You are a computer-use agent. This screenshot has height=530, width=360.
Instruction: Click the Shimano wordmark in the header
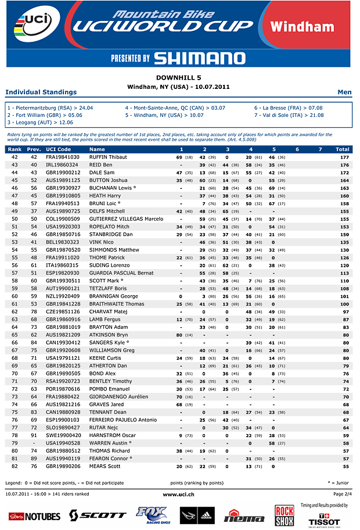click(x=199, y=58)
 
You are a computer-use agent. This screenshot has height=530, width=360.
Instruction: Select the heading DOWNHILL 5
click(x=179, y=77)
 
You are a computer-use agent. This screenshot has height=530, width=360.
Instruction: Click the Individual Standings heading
click(x=41, y=92)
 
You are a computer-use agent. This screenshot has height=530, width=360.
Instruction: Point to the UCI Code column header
click(x=57, y=149)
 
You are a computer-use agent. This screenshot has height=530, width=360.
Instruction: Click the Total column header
click(x=342, y=149)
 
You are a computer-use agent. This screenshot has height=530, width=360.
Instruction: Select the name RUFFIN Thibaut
click(x=108, y=157)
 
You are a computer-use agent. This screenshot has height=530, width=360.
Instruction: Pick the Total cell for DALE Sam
click(x=344, y=173)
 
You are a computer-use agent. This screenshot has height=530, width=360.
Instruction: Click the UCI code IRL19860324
click(x=63, y=165)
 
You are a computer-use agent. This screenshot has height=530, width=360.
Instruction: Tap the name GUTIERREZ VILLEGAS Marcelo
click(x=126, y=219)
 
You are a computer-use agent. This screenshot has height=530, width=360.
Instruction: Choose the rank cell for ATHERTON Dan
click(x=15, y=366)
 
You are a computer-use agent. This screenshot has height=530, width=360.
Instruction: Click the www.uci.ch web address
click(x=178, y=494)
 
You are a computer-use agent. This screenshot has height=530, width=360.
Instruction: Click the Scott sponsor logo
click(x=97, y=515)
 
